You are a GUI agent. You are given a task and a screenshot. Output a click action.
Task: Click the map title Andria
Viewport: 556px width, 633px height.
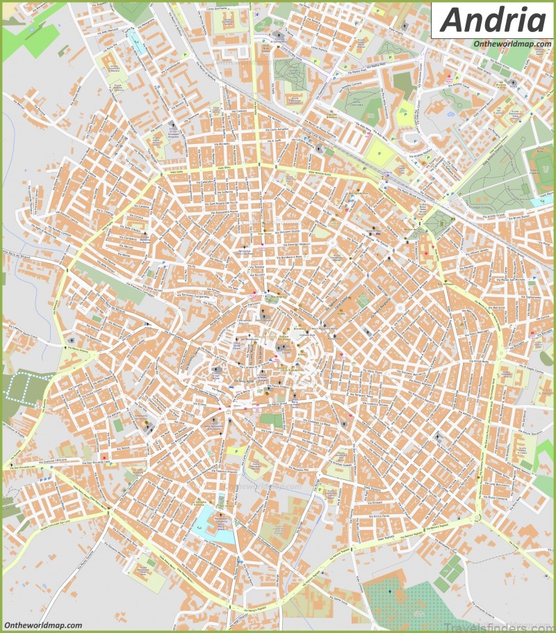(493, 21)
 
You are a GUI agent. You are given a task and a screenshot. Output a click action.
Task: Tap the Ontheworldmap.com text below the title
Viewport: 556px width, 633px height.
(508, 44)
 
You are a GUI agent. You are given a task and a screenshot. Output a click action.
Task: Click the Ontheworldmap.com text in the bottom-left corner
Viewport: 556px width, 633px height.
(43, 625)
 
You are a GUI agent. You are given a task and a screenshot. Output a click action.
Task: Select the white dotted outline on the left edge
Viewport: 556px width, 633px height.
(26, 385)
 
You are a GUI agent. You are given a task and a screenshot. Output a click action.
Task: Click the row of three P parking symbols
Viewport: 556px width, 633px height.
(45, 479)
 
